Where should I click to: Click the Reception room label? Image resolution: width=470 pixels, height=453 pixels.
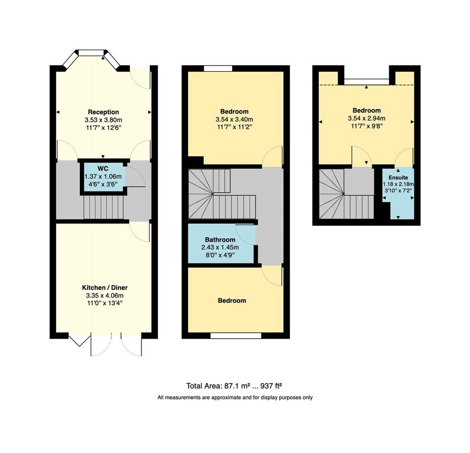[103, 112]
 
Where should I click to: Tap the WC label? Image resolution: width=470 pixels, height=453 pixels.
[103, 168]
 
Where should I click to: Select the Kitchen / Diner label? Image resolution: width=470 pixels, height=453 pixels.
[105, 288]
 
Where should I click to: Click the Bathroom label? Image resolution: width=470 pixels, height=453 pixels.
[220, 240]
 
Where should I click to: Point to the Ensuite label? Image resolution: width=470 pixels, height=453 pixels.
[398, 178]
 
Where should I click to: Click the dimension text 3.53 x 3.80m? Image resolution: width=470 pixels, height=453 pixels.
[103, 120]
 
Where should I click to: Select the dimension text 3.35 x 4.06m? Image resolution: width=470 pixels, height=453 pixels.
[105, 296]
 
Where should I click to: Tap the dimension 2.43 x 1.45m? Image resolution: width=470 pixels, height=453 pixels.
[220, 248]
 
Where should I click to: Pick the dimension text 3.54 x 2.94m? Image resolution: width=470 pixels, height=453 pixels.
[367, 118]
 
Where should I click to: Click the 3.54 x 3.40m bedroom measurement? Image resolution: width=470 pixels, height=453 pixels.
[234, 119]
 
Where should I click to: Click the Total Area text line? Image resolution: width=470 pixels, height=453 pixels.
[234, 386]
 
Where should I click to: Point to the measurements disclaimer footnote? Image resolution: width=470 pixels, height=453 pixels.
[235, 397]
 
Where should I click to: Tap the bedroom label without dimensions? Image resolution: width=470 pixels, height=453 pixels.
[232, 301]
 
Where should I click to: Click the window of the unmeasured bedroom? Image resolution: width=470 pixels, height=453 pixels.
[235, 336]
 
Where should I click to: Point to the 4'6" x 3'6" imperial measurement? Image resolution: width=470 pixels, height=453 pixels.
[103, 184]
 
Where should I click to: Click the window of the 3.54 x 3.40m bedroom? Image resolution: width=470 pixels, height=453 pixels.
[218, 68]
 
